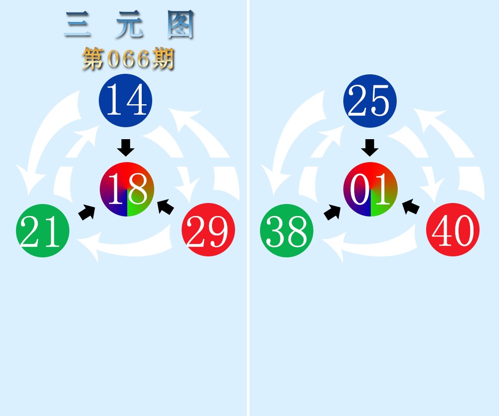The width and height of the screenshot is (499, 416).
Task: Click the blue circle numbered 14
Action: point(125,100)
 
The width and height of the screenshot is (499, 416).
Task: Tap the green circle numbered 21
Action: point(42,230)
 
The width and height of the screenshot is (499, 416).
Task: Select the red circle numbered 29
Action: point(209,229)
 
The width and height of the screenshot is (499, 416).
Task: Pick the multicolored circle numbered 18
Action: point(127,189)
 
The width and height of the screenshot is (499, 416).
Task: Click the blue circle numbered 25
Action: point(370,101)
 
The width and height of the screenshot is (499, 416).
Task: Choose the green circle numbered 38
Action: point(287,230)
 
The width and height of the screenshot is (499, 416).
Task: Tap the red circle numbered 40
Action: point(453,229)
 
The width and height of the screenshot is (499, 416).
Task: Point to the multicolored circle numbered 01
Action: point(370,189)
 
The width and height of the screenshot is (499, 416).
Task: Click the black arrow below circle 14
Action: point(126,148)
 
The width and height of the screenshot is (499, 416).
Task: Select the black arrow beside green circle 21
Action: point(87,212)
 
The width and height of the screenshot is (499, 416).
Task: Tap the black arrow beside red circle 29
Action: point(166,207)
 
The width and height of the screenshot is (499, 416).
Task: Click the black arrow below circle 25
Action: point(370,148)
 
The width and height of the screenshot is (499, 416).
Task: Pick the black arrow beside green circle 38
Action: point(332,212)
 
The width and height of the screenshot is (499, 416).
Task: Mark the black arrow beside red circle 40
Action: point(411,207)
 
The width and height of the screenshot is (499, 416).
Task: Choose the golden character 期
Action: point(163,58)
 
